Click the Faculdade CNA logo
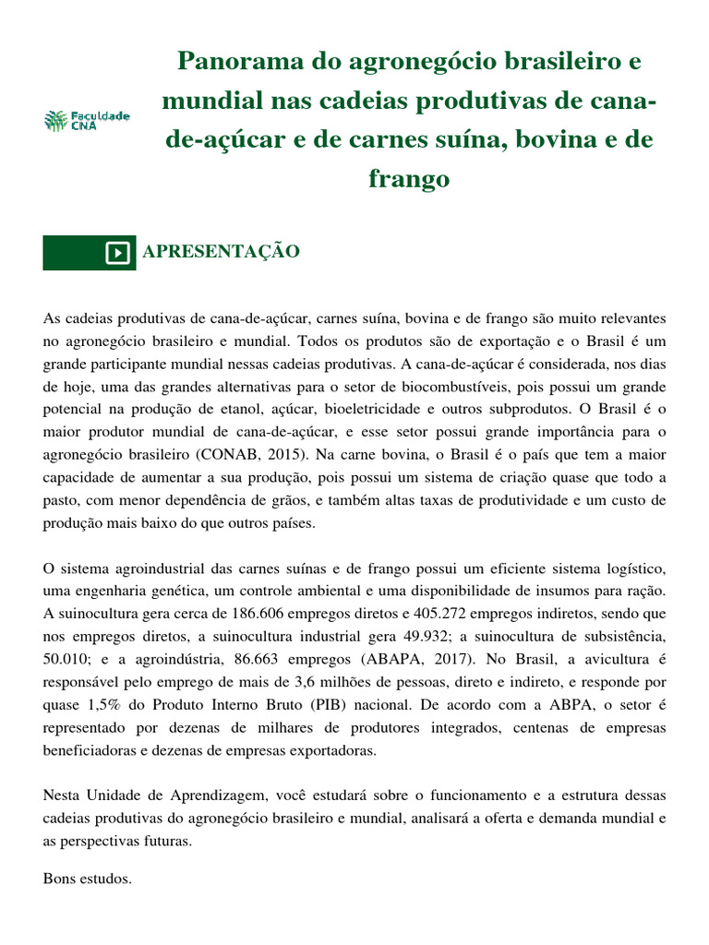click(87, 120)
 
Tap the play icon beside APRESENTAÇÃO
click(117, 253)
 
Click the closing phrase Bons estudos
click(88, 879)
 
